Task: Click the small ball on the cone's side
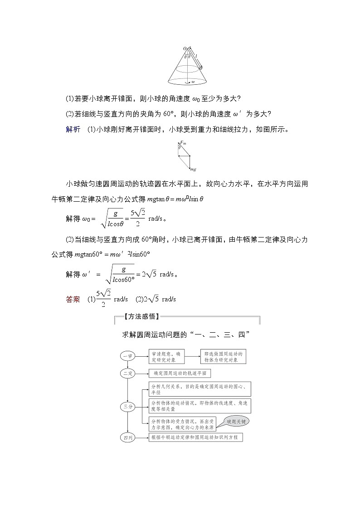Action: point(201,67)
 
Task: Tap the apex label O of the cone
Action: point(184,48)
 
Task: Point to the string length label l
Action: point(196,56)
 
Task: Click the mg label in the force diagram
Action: point(193,170)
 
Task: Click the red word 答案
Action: point(73,299)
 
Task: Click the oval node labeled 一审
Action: point(127,356)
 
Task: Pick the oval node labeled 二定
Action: point(127,373)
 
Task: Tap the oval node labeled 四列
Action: point(127,437)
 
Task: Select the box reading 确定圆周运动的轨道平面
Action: point(180,373)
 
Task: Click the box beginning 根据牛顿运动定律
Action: point(196,437)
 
